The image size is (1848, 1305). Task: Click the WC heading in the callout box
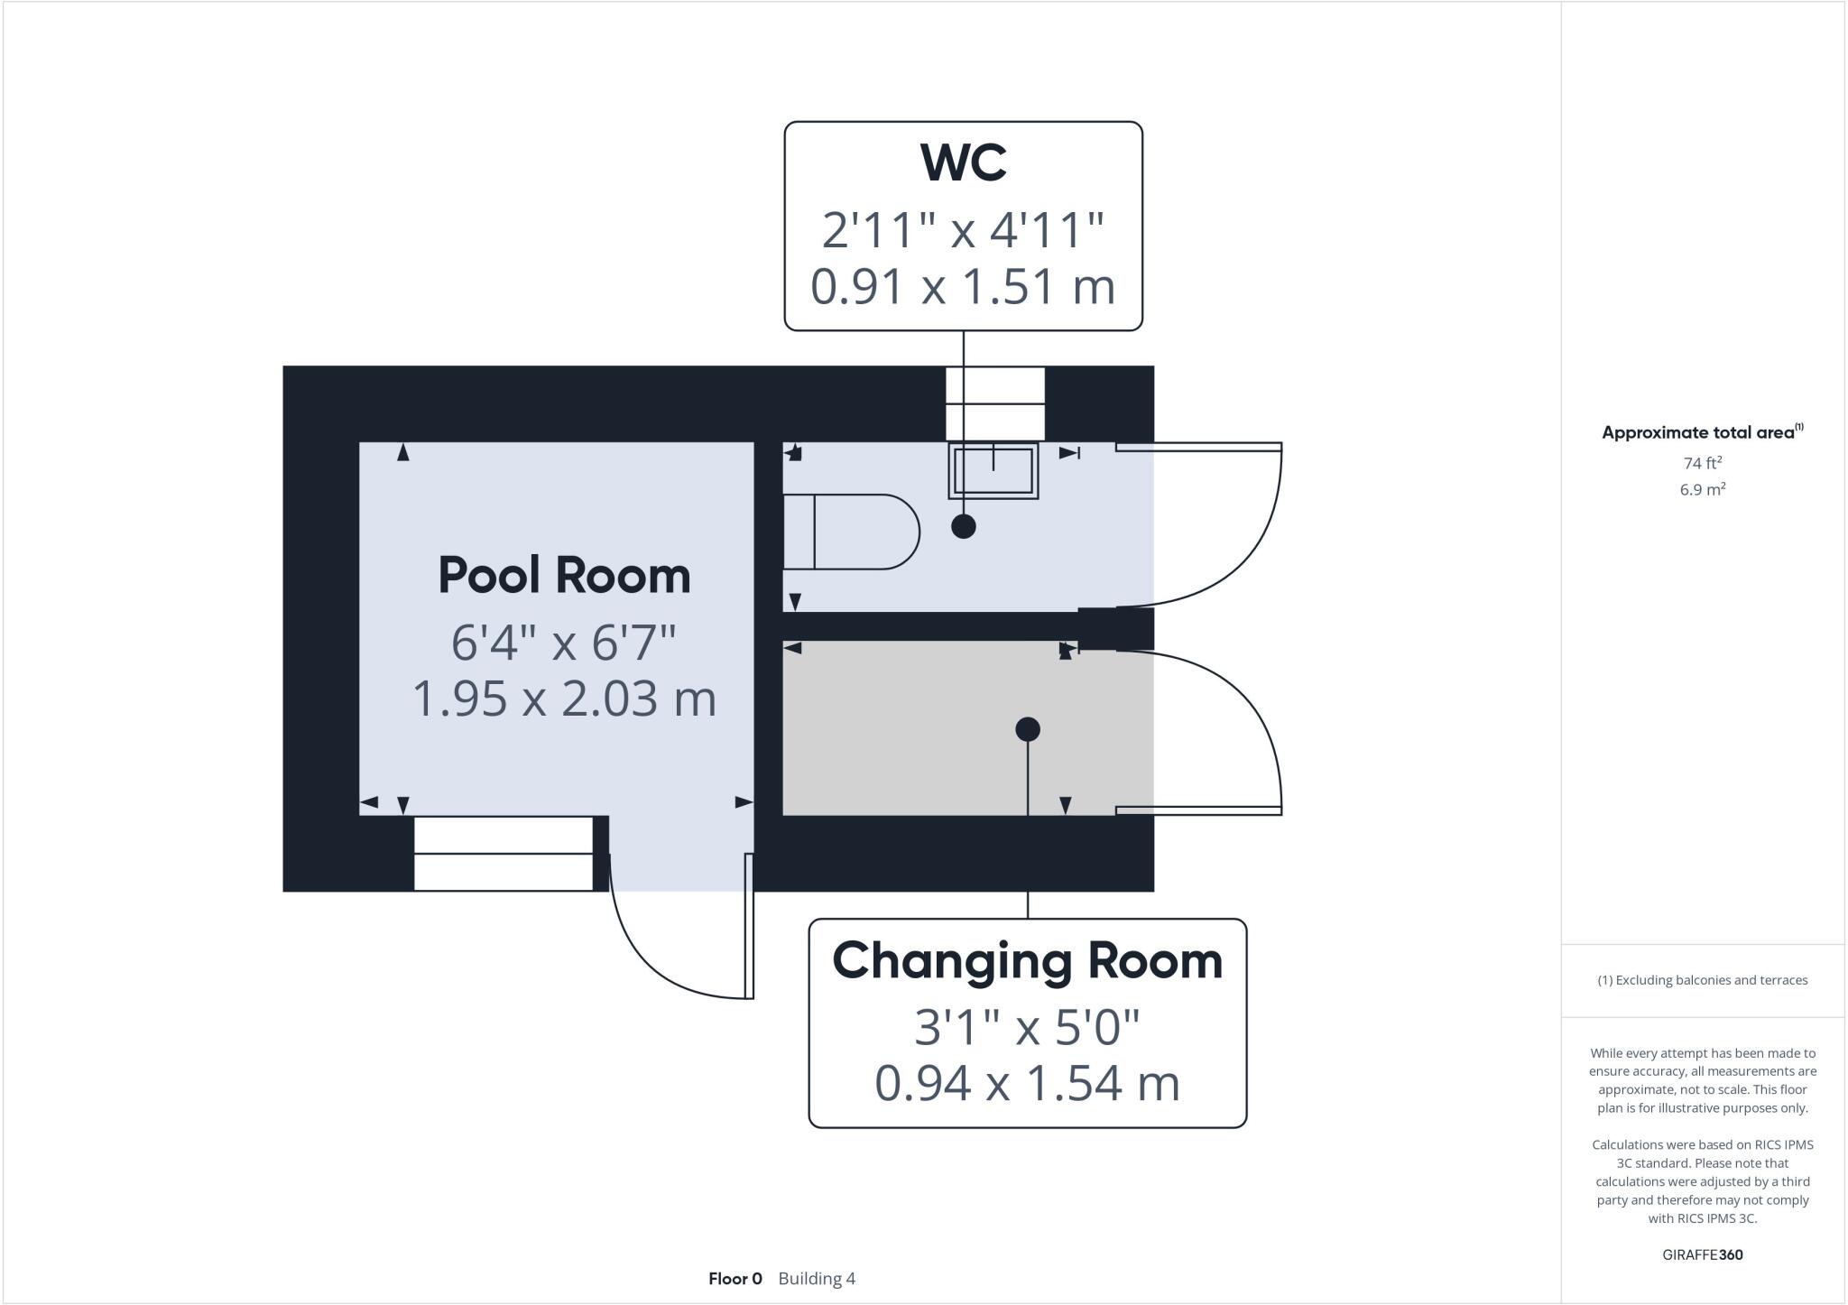[963, 162]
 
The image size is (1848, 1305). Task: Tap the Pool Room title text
[564, 576]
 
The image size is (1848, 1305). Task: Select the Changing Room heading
[1027, 961]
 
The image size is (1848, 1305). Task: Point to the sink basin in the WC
[993, 470]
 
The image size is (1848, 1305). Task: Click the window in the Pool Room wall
[503, 853]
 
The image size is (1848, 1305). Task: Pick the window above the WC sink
[994, 403]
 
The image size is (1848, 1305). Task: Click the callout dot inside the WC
[964, 526]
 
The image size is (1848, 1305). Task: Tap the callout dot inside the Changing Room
[1028, 729]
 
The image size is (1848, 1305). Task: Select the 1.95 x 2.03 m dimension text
[564, 699]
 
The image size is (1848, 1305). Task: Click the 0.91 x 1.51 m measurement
[963, 287]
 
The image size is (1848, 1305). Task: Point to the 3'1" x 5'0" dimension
[1027, 1027]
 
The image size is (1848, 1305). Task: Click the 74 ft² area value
[1702, 463]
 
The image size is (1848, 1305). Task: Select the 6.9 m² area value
[1702, 490]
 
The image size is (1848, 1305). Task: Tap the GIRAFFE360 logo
[1702, 1254]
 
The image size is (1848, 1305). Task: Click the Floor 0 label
[735, 1279]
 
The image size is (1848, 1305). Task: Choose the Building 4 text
[817, 1279]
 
